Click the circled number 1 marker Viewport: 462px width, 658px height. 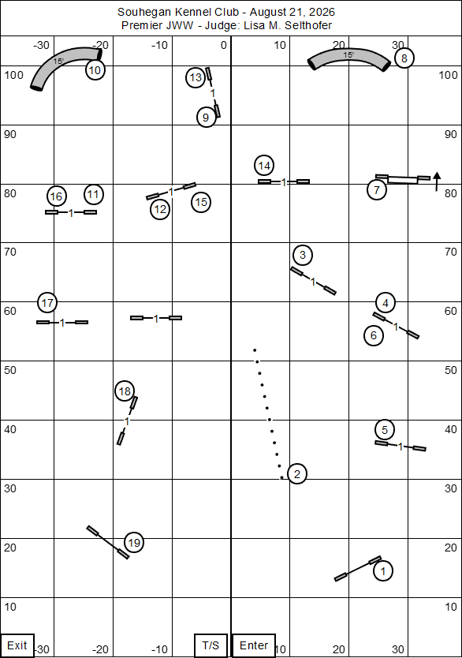pos(382,570)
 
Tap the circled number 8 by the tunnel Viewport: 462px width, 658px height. pos(404,58)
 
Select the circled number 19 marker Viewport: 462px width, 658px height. pos(134,543)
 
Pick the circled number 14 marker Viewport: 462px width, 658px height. pos(264,166)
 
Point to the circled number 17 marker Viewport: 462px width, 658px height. pos(47,302)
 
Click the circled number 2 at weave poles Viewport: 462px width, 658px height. pos(297,474)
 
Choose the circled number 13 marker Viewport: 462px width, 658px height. pos(196,77)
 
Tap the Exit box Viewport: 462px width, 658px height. pos(17,645)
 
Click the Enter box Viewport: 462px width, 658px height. pos(254,645)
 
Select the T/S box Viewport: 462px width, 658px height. pos(211,645)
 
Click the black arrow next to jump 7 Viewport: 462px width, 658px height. pos(437,181)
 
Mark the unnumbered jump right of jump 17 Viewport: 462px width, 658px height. pos(156,318)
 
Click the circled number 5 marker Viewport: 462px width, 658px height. pos(385,430)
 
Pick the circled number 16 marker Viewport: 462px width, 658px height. pos(56,196)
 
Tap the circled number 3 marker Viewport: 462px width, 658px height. pos(303,255)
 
